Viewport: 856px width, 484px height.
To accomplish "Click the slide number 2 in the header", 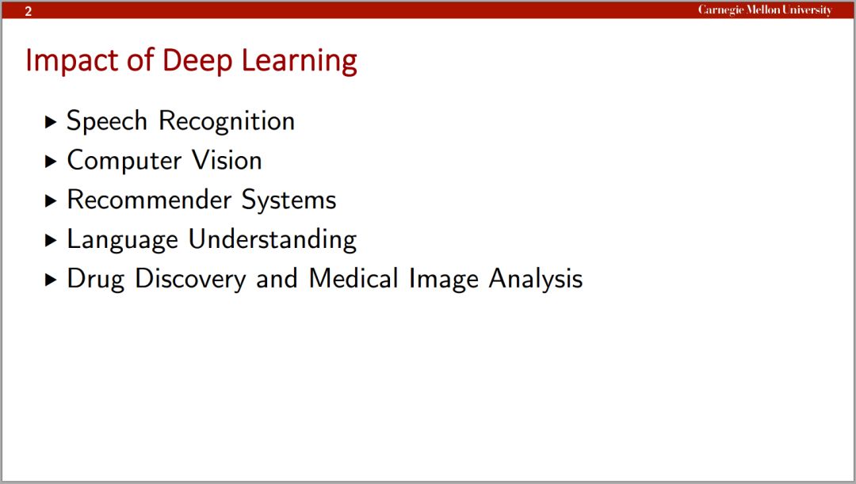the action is [x=29, y=11].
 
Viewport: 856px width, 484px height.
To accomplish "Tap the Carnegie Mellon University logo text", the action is [x=765, y=10].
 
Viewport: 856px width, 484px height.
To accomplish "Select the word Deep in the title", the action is [x=197, y=61].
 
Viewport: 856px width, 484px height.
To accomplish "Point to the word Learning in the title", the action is [x=299, y=61].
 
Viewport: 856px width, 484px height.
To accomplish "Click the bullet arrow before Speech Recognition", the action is [x=51, y=122].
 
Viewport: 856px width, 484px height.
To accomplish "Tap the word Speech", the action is [x=107, y=120].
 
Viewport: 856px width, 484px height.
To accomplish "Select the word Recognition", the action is [x=227, y=120].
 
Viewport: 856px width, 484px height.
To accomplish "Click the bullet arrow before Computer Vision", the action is [x=51, y=161].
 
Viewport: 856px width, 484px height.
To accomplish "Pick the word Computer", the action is [x=124, y=161].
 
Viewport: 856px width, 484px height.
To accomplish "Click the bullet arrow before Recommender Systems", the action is [x=51, y=200].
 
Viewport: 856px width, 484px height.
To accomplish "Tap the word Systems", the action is [x=289, y=200].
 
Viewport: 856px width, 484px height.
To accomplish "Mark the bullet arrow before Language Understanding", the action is [x=51, y=240].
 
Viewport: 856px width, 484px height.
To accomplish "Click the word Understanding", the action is [x=273, y=239].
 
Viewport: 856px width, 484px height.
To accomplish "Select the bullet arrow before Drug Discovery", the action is [x=51, y=280].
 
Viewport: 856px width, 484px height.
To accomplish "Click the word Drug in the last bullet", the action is [x=96, y=279].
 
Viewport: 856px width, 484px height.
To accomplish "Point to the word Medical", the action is [x=353, y=278].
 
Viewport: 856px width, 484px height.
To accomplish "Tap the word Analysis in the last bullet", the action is [x=536, y=279].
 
